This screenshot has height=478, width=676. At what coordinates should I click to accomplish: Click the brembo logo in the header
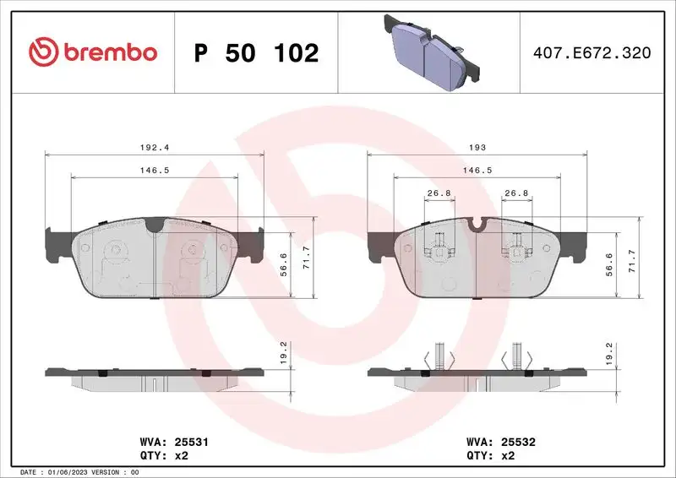[93, 52]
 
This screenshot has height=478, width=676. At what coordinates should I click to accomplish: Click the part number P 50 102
[256, 53]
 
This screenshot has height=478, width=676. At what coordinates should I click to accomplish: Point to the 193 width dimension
[477, 147]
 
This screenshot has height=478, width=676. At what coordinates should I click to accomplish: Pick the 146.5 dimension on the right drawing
[477, 170]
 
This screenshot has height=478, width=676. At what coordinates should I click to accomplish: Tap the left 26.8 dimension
[439, 193]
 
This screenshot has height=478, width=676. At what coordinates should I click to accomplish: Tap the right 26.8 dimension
[515, 193]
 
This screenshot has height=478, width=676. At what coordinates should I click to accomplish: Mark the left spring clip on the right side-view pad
[439, 358]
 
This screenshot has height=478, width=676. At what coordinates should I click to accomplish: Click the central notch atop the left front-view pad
[155, 225]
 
